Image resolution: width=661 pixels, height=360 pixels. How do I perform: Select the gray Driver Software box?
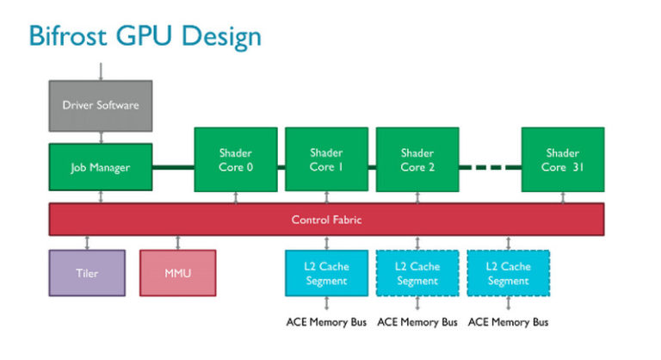101,106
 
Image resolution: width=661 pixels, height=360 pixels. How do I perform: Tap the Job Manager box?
101,167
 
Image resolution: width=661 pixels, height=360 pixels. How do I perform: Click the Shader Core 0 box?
236,160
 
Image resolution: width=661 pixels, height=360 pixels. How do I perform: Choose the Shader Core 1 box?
326,160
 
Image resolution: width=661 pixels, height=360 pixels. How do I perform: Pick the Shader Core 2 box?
417,160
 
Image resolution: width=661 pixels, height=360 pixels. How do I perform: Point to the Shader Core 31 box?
563,160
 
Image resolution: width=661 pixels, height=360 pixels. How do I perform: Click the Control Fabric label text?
326,220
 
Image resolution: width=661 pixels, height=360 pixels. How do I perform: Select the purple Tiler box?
86,274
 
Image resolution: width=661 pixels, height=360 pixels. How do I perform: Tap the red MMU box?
177,274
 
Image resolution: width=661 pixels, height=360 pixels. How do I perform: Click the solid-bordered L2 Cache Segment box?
326,274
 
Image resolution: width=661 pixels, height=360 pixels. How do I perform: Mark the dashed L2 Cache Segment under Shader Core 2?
417,274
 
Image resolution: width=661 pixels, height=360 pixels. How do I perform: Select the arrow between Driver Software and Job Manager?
101,137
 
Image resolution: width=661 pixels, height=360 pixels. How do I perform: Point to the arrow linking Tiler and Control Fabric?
86,242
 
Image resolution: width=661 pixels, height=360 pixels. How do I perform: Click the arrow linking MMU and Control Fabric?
177,242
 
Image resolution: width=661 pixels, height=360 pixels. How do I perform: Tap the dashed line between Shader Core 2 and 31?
489,166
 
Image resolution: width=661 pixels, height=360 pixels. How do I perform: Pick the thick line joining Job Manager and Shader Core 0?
173,166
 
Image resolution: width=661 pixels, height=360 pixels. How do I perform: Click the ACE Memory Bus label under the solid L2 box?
326,323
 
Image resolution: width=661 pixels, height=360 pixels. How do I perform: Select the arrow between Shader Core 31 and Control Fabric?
563,198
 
